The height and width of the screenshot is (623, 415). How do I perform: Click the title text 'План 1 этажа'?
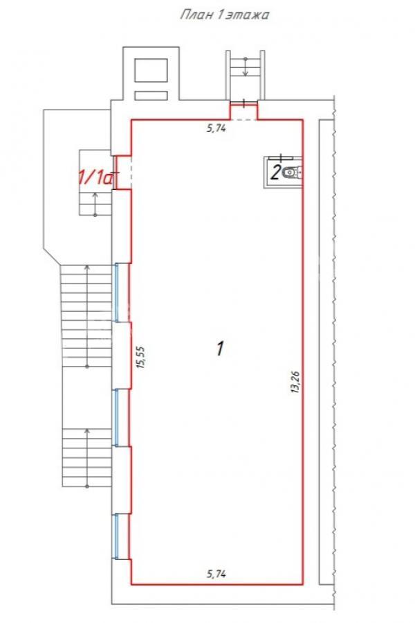click(x=225, y=15)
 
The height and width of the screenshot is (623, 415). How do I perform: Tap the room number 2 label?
click(x=276, y=173)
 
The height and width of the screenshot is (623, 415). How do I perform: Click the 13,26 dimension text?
click(x=295, y=382)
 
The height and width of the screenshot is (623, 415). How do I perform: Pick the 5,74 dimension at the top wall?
click(x=216, y=128)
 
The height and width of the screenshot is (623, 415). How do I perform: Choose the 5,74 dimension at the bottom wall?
click(x=216, y=573)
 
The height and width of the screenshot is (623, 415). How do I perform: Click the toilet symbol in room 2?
click(x=293, y=173)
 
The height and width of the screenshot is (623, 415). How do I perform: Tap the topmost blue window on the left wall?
click(x=116, y=292)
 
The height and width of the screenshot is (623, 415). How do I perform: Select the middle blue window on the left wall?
click(x=116, y=417)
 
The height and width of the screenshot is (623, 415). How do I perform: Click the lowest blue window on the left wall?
click(x=116, y=536)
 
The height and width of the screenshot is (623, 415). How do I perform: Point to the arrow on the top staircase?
click(x=245, y=67)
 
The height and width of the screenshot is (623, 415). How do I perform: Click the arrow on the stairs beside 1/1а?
click(x=95, y=204)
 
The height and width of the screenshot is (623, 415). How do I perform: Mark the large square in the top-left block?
click(x=150, y=70)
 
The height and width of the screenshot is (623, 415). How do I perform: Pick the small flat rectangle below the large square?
click(x=150, y=96)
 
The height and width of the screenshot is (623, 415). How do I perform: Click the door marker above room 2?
click(x=281, y=157)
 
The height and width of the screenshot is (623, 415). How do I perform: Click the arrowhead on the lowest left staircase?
click(x=87, y=431)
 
